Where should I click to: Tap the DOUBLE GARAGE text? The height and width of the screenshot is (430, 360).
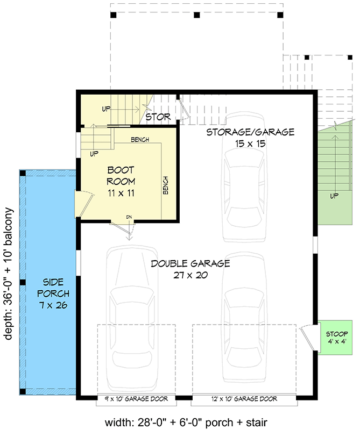190,263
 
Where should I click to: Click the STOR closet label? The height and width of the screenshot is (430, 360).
158,117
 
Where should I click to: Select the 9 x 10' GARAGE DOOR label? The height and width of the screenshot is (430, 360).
136,399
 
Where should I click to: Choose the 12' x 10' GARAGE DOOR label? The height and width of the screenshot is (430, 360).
243,399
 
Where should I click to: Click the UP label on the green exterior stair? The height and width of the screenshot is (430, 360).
334,196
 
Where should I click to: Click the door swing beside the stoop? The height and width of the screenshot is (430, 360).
307,336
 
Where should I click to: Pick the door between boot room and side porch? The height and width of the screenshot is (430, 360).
83,204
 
